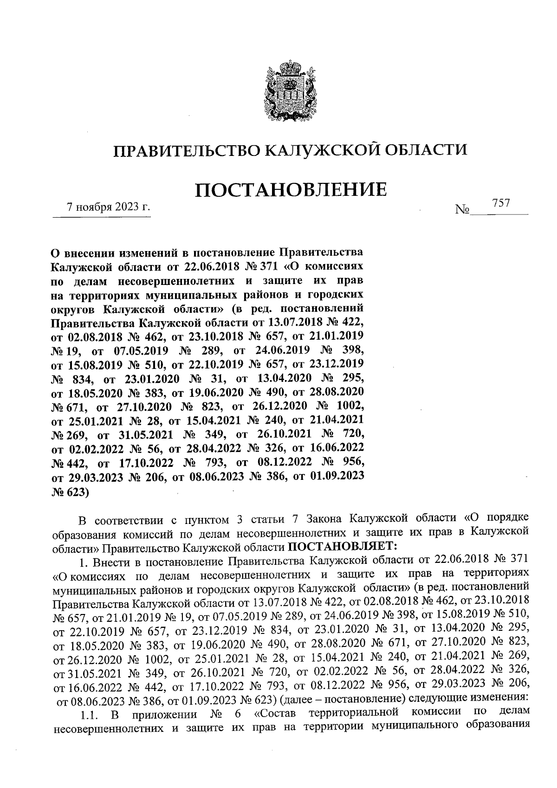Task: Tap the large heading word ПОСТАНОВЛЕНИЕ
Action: click(x=291, y=190)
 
